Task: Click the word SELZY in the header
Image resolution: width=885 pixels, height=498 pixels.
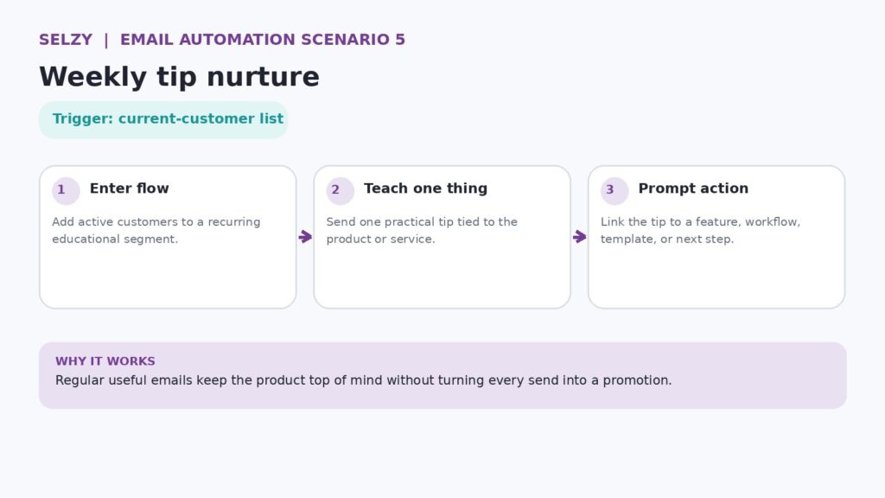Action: point(66,40)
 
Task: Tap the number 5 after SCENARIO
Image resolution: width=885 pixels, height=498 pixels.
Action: point(400,40)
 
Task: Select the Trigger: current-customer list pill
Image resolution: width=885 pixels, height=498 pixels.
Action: point(163,119)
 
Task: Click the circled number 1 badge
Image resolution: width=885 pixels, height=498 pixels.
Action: point(66,190)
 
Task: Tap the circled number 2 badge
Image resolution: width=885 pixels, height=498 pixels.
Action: point(340,190)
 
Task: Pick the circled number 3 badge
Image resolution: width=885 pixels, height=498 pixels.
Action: point(614,190)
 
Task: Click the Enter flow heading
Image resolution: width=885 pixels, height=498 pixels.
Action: point(130,188)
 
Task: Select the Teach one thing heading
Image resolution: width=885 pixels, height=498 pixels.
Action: point(425,188)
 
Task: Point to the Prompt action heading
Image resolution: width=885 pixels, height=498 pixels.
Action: point(693,188)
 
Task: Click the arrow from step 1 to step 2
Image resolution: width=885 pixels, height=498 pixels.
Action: point(305,237)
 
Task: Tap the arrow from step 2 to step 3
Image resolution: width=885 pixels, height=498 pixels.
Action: point(580,237)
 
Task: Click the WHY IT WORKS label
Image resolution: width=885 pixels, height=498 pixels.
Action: point(105,361)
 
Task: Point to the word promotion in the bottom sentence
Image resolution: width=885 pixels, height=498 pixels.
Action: point(637,380)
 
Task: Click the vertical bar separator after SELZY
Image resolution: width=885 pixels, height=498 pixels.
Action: point(106,40)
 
